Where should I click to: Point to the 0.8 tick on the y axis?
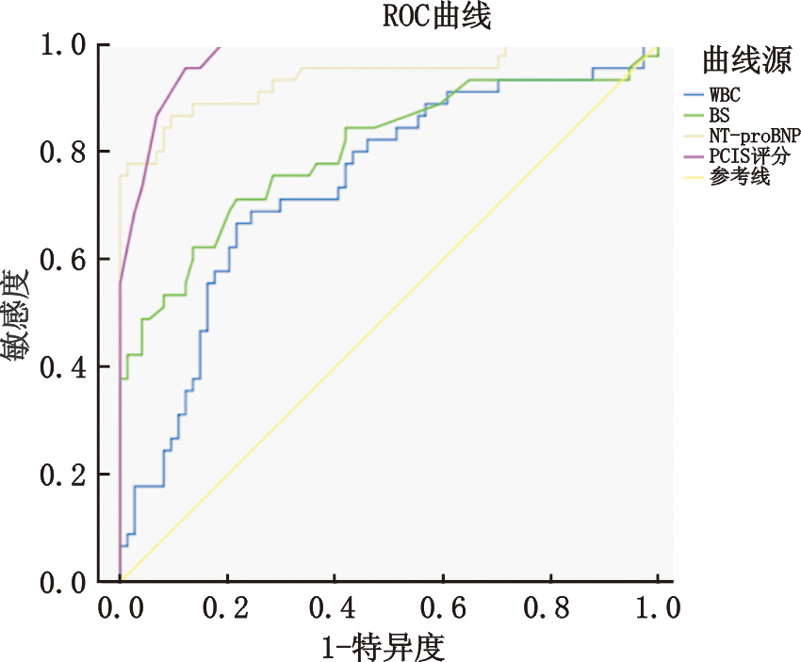pos(63,152)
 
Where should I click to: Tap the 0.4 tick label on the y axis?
pos(63,366)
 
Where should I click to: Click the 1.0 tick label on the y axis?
pos(63,44)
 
